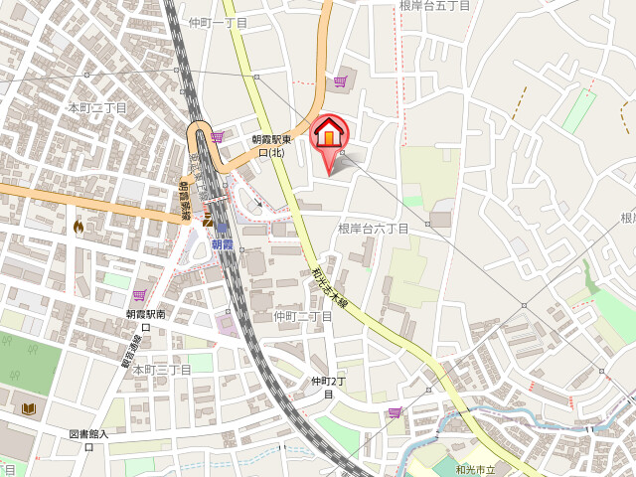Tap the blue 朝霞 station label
222,244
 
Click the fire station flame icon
79,227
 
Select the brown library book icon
28,408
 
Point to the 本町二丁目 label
97,107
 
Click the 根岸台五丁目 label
434,6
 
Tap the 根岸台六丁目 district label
373,229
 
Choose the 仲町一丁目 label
218,22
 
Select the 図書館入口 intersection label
89,439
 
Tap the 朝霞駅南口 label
145,319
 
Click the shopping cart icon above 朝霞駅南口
139,295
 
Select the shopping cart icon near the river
395,412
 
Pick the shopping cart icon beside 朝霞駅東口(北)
217,137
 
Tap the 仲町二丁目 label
302,316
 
